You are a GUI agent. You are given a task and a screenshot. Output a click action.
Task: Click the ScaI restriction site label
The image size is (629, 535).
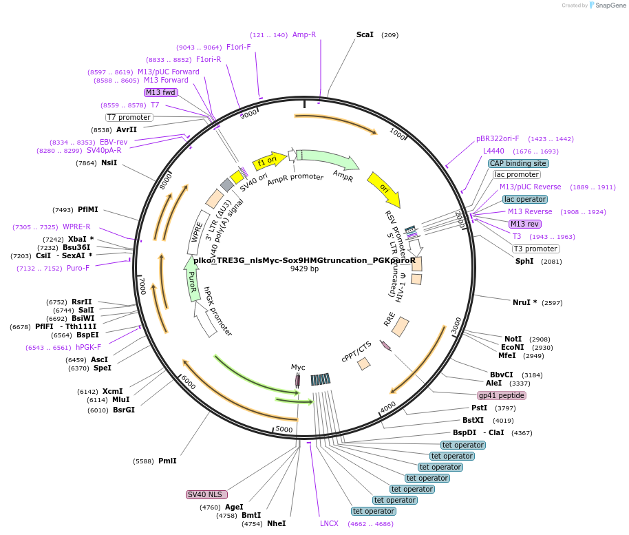(365, 34)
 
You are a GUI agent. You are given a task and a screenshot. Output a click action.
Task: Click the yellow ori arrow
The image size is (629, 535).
(384, 189)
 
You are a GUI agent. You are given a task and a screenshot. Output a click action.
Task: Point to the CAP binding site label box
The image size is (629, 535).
(518, 163)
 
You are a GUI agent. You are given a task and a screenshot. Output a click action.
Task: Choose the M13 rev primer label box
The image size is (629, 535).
(524, 224)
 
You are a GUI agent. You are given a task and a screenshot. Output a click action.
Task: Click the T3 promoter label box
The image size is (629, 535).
(536, 249)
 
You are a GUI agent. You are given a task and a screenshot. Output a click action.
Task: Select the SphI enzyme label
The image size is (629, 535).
(524, 261)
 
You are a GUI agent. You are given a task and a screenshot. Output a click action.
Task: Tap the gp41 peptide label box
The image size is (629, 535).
(502, 395)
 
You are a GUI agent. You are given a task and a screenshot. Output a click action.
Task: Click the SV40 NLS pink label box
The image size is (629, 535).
(206, 494)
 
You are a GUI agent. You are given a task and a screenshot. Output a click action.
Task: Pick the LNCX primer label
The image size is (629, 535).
(329, 523)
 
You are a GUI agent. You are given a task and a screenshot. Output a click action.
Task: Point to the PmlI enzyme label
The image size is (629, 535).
(167, 461)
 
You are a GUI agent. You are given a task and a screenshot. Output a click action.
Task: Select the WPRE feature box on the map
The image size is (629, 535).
(197, 238)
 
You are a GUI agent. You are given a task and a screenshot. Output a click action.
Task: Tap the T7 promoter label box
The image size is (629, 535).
(129, 117)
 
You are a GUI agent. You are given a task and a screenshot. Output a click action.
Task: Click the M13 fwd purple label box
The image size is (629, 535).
(160, 92)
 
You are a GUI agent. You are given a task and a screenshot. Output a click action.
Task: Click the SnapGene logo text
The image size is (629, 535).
(610, 6)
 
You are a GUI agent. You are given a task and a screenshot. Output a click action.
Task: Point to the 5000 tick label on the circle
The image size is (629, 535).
(284, 430)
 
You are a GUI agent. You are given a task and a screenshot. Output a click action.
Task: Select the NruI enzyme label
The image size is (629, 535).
(524, 302)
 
